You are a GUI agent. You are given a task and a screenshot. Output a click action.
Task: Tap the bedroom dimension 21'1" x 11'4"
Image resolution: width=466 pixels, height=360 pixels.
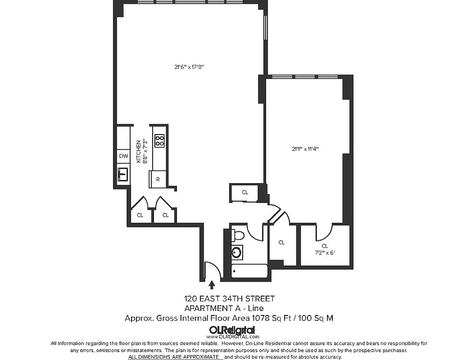pyautogui.click(x=308, y=149)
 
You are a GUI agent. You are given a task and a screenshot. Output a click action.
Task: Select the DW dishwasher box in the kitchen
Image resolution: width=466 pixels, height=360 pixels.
pyautogui.click(x=123, y=157)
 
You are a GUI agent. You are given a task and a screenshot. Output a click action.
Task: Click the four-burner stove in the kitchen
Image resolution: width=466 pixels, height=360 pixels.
pyautogui.click(x=159, y=141)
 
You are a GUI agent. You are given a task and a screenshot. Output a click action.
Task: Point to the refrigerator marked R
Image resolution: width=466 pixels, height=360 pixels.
pyautogui.click(x=158, y=179)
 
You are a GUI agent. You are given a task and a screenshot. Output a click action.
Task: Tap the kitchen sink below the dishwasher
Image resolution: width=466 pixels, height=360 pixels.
pyautogui.click(x=123, y=174)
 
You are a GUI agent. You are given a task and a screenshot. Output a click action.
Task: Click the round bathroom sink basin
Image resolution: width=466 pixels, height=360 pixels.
pyautogui.click(x=237, y=252)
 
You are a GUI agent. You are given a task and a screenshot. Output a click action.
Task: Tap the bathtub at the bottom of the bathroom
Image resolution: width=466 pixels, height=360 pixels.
pyautogui.click(x=249, y=272)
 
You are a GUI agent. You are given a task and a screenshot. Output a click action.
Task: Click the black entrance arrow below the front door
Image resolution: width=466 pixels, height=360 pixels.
pyautogui.click(x=212, y=284)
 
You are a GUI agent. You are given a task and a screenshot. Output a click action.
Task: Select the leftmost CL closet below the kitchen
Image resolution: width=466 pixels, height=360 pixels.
pyautogui.click(x=140, y=215)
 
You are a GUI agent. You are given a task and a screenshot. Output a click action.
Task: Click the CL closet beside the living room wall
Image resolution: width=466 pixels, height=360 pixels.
pyautogui.click(x=245, y=192)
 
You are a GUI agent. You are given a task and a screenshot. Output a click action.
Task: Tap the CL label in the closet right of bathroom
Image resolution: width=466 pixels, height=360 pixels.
pyautogui.click(x=281, y=243)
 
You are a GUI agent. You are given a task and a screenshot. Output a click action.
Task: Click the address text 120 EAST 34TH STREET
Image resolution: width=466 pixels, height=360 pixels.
pyautogui.click(x=229, y=298)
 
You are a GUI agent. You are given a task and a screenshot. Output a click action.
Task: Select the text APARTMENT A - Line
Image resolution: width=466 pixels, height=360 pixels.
pyautogui.click(x=224, y=308)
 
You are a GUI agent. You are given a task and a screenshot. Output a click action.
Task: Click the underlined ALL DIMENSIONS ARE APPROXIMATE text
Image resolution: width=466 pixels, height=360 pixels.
pyautogui.click(x=175, y=356)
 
